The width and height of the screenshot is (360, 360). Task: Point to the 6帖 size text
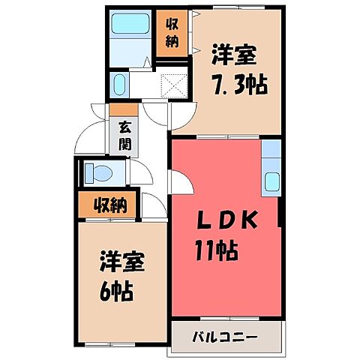[116, 290]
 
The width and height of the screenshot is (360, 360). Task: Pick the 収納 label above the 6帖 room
[109, 203]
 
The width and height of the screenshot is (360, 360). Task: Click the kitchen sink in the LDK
[272, 181]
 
